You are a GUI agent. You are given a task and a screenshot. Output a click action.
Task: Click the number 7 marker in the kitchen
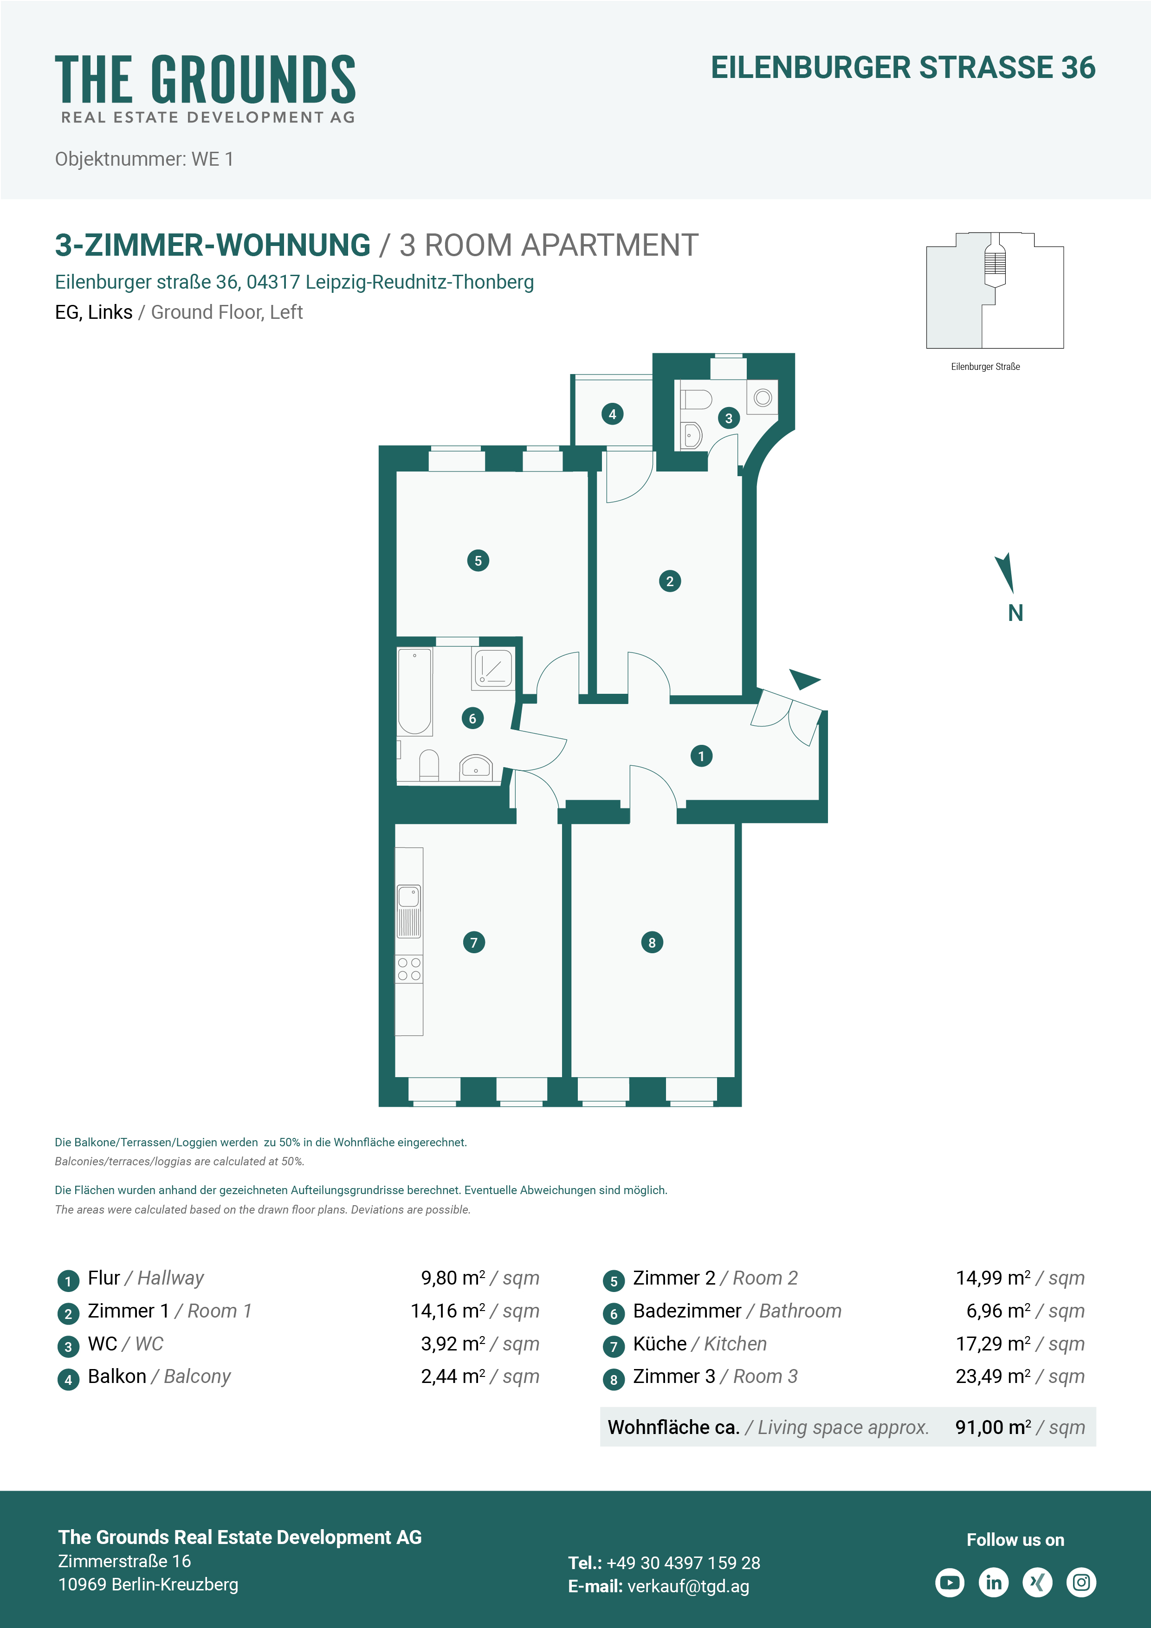coord(474,943)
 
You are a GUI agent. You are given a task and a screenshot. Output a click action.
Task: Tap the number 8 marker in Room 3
coord(652,943)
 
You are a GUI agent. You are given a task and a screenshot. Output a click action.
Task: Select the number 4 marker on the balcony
coord(612,414)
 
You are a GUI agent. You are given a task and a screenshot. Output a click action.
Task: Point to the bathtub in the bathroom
coord(415,692)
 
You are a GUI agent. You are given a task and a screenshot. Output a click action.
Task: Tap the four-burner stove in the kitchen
coord(409,969)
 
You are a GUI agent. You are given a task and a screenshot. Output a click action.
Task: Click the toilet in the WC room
coord(697,400)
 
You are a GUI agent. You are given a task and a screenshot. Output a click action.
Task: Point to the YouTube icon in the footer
coord(950,1582)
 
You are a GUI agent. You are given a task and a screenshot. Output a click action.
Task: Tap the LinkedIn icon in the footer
coord(994,1582)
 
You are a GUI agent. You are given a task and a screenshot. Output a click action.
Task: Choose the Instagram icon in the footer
coord(1081,1582)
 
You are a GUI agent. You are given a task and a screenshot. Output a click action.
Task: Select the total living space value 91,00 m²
coord(993,1428)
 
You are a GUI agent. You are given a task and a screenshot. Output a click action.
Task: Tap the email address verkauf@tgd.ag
coord(688,1587)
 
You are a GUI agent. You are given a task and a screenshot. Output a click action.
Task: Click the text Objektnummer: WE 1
coord(144,159)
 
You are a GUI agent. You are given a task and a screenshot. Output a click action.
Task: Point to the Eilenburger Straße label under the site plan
coord(985,367)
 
